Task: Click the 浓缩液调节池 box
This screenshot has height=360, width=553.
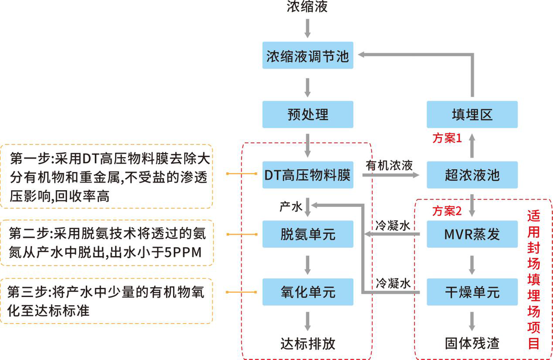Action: pos(307,55)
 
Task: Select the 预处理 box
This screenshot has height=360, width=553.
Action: pos(307,114)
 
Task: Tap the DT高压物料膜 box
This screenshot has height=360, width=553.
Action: pos(307,175)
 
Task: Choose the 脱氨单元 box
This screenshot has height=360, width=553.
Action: pos(307,234)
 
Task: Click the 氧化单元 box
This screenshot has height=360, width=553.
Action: pos(307,292)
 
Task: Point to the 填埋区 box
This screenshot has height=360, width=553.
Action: pos(472,114)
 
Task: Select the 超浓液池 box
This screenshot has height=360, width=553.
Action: pos(472,175)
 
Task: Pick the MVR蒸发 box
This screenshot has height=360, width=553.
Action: pos(472,234)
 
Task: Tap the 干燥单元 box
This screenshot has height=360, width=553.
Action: pos(472,292)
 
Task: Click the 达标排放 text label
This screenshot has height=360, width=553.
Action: pos(307,343)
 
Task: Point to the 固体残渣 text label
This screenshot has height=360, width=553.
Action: pos(472,343)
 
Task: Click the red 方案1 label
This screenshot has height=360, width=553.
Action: pos(447,138)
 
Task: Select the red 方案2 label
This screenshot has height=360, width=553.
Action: pos(447,211)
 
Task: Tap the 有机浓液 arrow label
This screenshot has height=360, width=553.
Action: pos(389,165)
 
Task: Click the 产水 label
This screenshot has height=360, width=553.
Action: pos(291,207)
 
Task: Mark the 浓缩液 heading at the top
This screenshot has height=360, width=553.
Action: pos(307,7)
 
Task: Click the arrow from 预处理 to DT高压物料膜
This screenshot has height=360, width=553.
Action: pos(307,145)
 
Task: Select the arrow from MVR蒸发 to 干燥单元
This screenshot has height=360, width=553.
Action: pos(472,264)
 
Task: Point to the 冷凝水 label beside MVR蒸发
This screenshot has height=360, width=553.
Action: pos(393,226)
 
